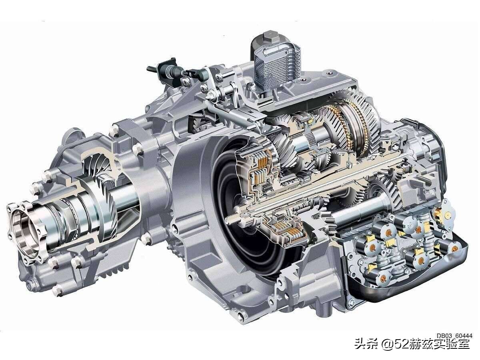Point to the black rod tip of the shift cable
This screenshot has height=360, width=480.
[150, 68]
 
